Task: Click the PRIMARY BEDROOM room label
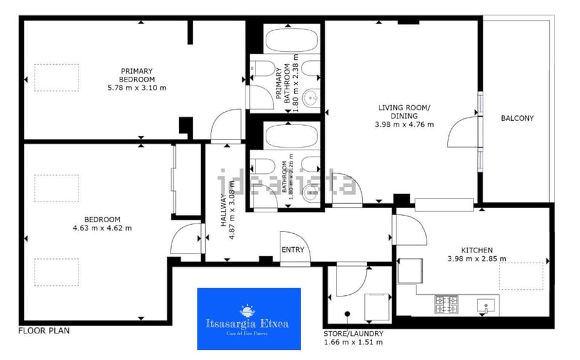[137, 75]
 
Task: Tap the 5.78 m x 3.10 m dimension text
[137, 88]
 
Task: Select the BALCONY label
[517, 118]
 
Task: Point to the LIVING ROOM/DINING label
[404, 112]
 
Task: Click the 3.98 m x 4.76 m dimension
[404, 125]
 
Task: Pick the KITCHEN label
[477, 250]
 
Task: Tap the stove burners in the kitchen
[446, 304]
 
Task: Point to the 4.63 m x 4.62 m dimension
[101, 228]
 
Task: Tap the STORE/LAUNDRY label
[353, 333]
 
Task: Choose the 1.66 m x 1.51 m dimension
[353, 342]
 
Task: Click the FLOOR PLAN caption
[44, 331]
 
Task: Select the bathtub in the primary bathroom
[292, 40]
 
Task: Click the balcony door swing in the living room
[463, 132]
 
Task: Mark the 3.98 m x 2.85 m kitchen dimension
[477, 259]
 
